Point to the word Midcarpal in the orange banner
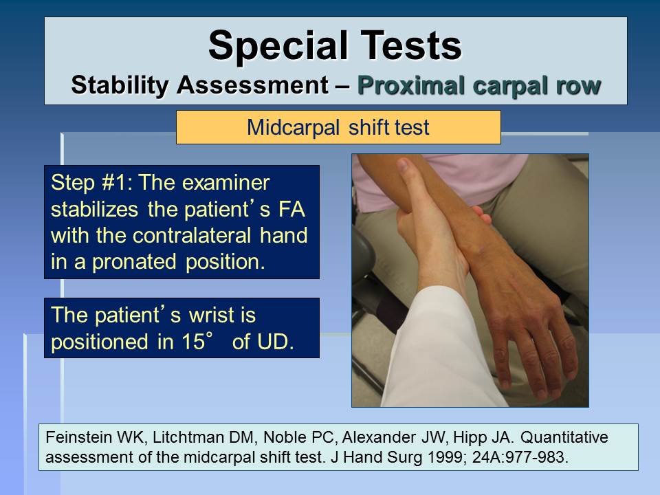pos(293,128)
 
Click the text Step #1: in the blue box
pos(91,183)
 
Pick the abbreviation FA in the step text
pos(292,210)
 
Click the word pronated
pos(134,262)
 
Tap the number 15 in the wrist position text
pos(193,342)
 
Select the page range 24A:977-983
pos(520,456)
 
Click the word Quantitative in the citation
pos(564,437)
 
